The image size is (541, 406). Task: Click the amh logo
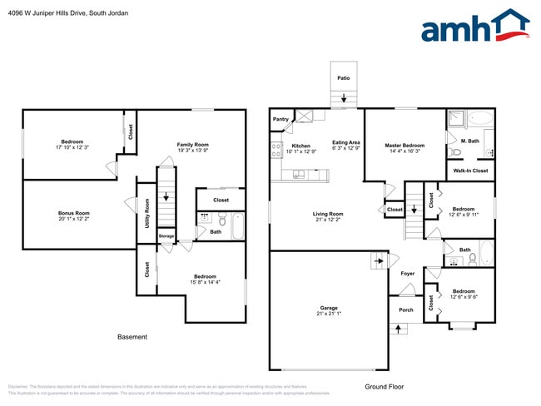click(474, 27)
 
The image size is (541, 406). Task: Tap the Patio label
click(343, 78)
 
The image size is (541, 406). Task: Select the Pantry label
click(280, 119)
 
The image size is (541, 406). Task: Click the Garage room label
click(329, 308)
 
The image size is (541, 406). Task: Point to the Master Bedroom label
click(405, 146)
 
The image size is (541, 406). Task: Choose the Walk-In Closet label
click(470, 171)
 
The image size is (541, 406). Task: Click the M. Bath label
click(470, 141)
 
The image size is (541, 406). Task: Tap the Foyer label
click(408, 273)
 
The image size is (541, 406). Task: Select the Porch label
click(406, 310)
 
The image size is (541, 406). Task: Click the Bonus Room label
click(73, 213)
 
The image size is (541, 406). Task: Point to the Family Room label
click(191, 145)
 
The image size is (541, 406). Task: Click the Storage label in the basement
click(166, 236)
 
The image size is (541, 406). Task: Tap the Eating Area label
click(346, 142)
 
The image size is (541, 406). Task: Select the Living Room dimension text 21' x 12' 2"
click(328, 220)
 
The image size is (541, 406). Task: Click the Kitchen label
click(300, 146)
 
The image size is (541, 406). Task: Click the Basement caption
click(132, 337)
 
